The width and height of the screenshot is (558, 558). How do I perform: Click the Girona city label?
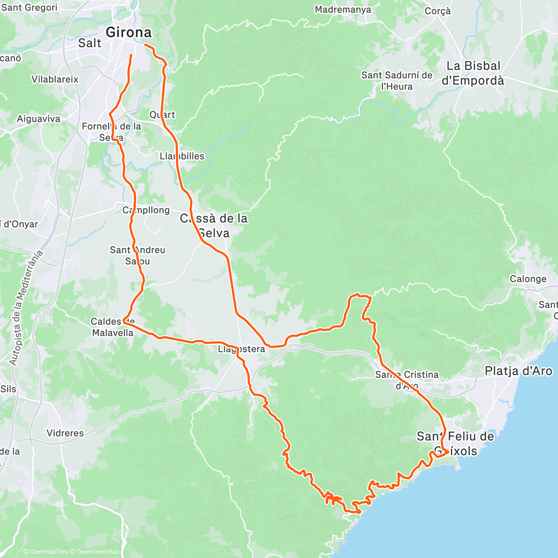coord(129,33)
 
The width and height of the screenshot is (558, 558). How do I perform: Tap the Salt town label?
coord(90,43)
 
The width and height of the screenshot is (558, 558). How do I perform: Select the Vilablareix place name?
coord(55,80)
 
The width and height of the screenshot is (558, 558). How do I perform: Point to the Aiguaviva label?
coord(39,119)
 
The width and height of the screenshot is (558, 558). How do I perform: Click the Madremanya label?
coord(343,10)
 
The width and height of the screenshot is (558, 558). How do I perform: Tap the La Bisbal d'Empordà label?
coord(472,73)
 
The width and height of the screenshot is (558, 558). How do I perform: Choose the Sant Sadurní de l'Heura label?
coord(397,80)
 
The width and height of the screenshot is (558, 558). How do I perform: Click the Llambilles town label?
coord(182,156)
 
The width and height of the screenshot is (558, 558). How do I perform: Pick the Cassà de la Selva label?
coord(214,225)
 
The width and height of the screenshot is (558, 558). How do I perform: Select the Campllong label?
coord(146,210)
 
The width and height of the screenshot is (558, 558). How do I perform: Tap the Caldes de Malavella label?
coord(113,327)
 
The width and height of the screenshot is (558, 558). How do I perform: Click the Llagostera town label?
coord(241,349)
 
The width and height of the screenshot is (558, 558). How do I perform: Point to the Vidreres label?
coord(65,433)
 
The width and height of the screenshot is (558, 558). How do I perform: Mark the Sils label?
coord(8,389)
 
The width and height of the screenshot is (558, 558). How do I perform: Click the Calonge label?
coord(528,279)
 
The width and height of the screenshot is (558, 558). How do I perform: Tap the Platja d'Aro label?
coord(518,371)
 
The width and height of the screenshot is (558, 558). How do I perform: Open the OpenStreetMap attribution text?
coord(97,552)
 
